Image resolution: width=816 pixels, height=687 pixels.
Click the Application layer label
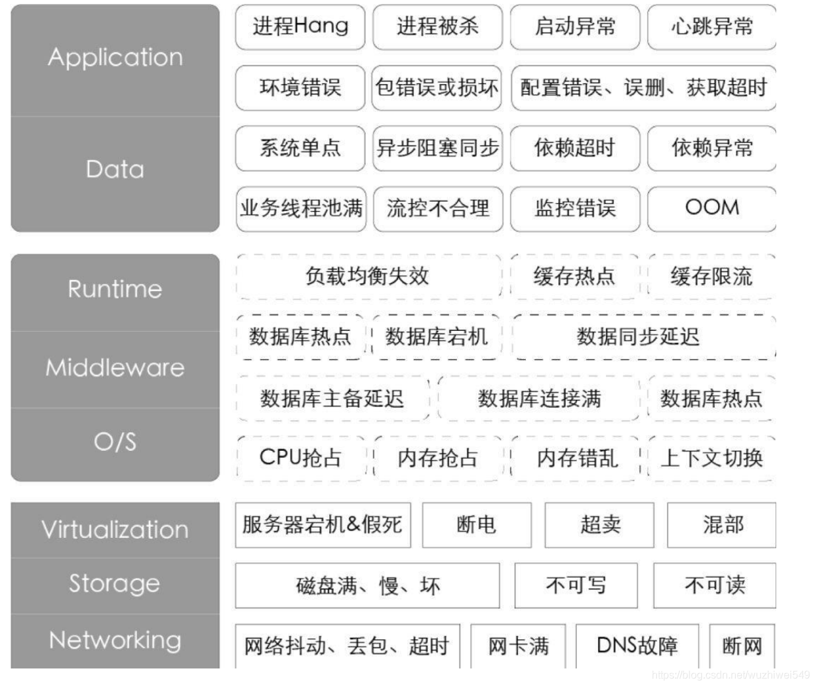[x=115, y=58]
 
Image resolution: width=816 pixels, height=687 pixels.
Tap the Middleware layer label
[x=115, y=367]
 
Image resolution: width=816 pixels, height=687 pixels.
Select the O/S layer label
[x=115, y=441]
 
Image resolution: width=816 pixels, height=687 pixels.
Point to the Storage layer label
[x=115, y=584]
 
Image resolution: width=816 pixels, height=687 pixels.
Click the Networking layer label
[x=115, y=640]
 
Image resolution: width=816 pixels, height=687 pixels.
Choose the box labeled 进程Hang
[x=300, y=26]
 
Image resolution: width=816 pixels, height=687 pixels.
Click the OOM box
[x=712, y=208]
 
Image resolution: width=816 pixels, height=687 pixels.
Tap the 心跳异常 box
[x=712, y=26]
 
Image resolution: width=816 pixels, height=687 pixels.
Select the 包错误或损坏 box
[x=436, y=87]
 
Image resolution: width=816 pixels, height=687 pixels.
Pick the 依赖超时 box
[x=575, y=148]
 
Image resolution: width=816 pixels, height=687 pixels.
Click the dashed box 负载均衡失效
[x=368, y=276]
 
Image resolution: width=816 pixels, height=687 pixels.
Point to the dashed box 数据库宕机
[x=436, y=337]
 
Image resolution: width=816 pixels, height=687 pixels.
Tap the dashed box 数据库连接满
[x=539, y=398]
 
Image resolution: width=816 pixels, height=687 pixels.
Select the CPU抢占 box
[x=300, y=457]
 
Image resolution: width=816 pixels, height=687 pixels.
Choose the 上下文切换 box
[x=712, y=457]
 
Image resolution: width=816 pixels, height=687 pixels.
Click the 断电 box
[x=477, y=525]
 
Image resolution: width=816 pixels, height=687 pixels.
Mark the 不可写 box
[x=576, y=585]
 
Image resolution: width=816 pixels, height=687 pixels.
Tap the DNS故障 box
[x=637, y=645]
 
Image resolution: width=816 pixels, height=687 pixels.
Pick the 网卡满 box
[x=518, y=645]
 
